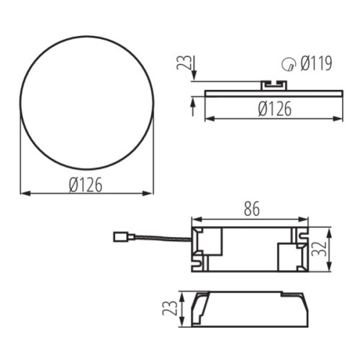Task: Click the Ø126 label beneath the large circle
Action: click(x=86, y=184)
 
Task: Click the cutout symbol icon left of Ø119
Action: click(x=288, y=66)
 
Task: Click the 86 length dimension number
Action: click(x=249, y=210)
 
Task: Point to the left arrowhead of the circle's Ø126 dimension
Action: click(x=23, y=194)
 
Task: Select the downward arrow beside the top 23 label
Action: click(x=193, y=79)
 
